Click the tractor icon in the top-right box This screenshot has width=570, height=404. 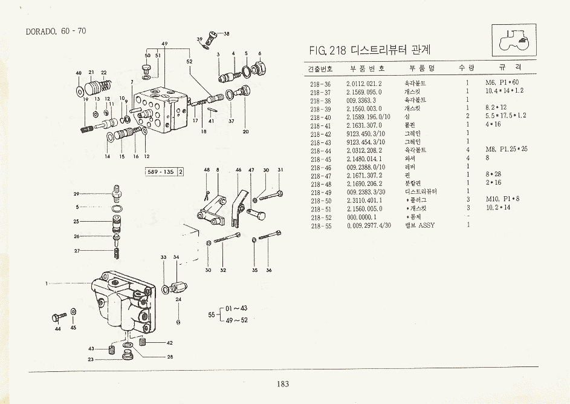[x=512, y=41]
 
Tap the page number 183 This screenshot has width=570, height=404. [x=283, y=383]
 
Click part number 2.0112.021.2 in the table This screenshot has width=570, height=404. [x=364, y=84]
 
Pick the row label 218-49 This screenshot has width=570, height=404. [x=320, y=193]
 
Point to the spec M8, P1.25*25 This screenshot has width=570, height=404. [x=507, y=149]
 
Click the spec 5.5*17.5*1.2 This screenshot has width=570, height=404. [x=505, y=116]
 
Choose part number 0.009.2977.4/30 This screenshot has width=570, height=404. [x=369, y=225]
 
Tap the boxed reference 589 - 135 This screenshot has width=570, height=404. [x=161, y=172]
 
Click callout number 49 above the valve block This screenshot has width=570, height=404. [x=164, y=44]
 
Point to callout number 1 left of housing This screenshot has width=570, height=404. [x=47, y=283]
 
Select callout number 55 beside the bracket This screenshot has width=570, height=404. [x=212, y=314]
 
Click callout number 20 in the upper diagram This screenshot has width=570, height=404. [x=245, y=131]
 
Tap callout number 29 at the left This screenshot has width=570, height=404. [x=77, y=194]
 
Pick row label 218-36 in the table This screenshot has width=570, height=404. [x=320, y=84]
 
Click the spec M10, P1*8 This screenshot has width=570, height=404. [x=502, y=199]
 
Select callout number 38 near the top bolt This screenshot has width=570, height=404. [x=226, y=33]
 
